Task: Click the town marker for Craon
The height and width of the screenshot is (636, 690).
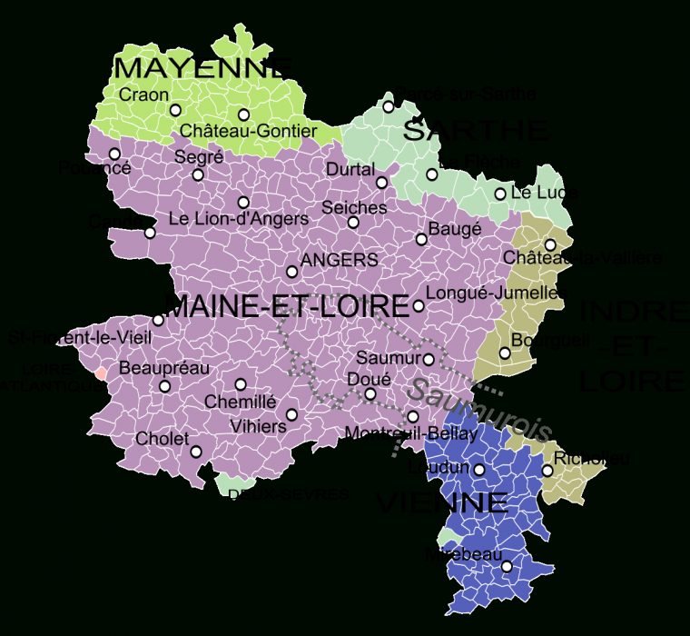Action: (x=175, y=110)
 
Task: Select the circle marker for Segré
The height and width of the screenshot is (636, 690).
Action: (x=198, y=174)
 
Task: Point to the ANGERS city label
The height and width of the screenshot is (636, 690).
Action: (x=339, y=260)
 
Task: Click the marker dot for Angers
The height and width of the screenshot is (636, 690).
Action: (x=291, y=272)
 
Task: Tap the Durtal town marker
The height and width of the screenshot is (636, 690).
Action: (x=381, y=183)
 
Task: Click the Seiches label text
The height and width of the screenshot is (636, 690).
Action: (x=354, y=207)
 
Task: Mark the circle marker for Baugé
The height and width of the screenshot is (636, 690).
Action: (x=421, y=240)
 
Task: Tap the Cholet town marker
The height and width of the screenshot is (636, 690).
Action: (x=196, y=452)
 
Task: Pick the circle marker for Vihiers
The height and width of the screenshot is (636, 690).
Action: (x=291, y=415)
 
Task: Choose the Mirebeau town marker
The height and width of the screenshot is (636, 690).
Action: (x=507, y=567)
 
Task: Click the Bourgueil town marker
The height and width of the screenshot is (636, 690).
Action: (x=505, y=353)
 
